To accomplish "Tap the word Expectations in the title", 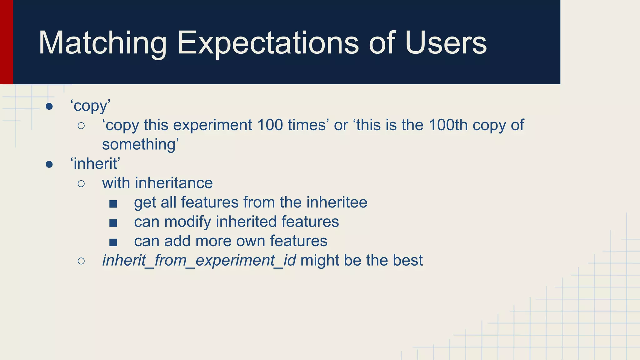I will (x=268, y=43).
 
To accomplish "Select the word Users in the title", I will (x=446, y=43).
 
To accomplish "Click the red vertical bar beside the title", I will (x=6, y=42).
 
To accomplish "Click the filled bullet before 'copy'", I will (x=49, y=107).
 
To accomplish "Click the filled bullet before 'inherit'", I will (x=49, y=164).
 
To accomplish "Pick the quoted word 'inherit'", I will (x=95, y=164).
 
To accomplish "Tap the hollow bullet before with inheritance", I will (x=81, y=183).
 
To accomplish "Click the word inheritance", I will (x=174, y=183).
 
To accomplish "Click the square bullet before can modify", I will (x=113, y=223).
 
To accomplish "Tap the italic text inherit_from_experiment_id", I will (x=199, y=261).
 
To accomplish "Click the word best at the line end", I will (x=407, y=260).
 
